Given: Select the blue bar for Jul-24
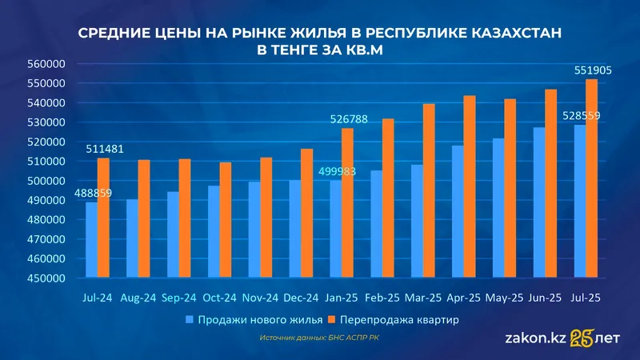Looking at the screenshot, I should [x=91, y=240].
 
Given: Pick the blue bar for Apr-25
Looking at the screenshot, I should [x=457, y=212].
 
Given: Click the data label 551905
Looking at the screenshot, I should [x=593, y=70].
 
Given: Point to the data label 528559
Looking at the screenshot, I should [x=582, y=116].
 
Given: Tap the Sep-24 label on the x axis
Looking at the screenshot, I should [x=179, y=297].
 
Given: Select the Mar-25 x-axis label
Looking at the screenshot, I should [x=423, y=297].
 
